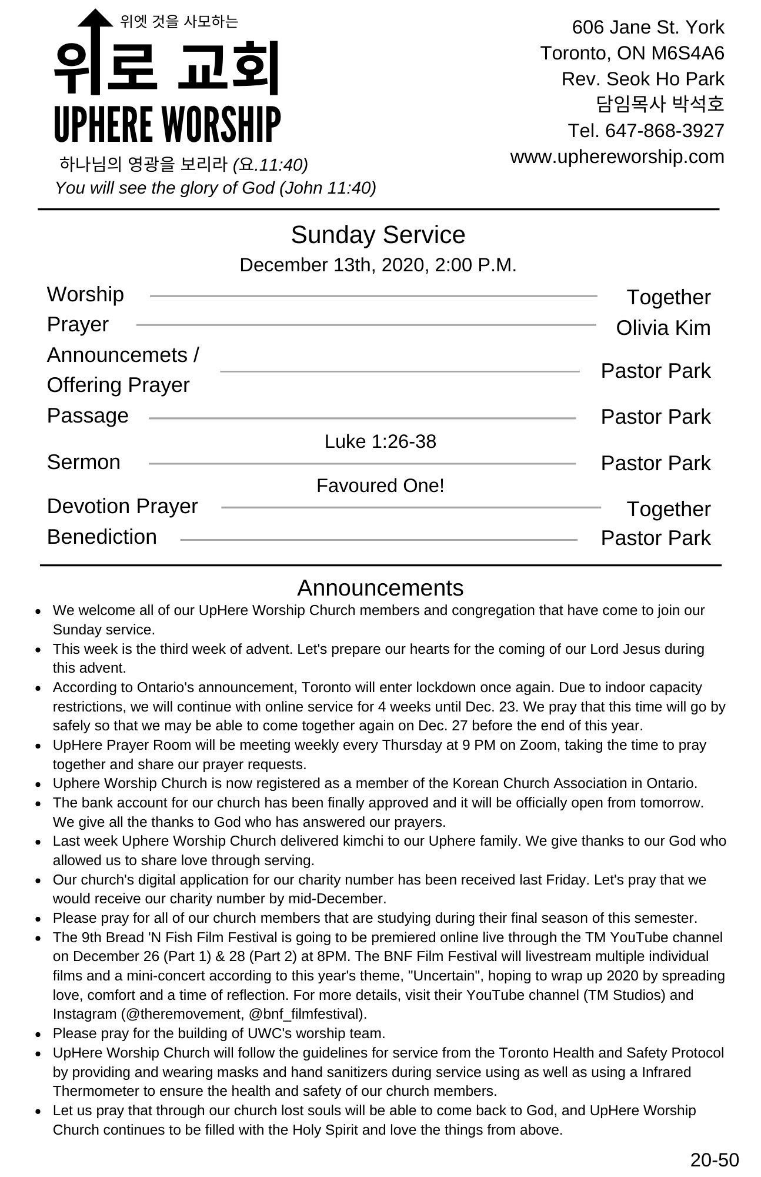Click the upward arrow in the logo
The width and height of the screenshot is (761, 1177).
click(x=95, y=47)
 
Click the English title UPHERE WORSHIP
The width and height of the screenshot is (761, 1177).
click(x=167, y=125)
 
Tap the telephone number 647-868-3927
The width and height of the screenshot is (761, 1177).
click(x=665, y=131)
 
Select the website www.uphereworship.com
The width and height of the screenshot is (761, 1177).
click(x=617, y=157)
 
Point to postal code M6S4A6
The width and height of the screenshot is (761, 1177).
click(x=687, y=53)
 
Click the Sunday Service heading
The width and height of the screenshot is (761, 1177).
click(x=378, y=235)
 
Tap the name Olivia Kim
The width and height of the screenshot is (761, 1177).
click(x=663, y=328)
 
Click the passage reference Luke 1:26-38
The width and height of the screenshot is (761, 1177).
click(x=380, y=441)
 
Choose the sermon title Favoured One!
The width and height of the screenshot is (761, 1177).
click(x=380, y=486)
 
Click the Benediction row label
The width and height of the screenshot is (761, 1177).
click(x=102, y=537)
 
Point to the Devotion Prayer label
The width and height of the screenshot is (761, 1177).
click(x=122, y=506)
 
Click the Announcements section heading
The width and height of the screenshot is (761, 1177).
click(x=380, y=588)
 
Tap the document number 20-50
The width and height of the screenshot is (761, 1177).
click(x=714, y=1159)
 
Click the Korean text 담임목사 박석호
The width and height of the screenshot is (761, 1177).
click(x=660, y=104)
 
